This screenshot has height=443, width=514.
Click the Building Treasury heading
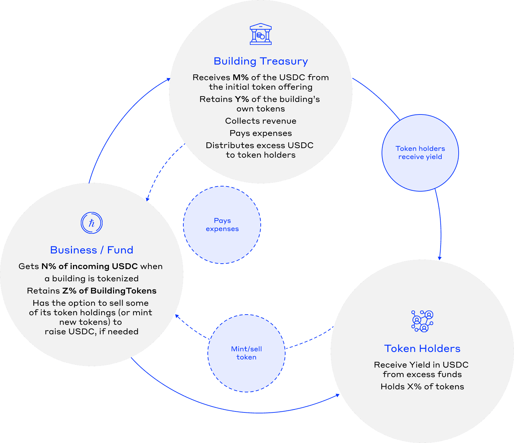click(x=261, y=61)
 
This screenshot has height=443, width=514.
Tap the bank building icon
click(x=261, y=34)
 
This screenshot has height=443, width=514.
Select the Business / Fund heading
click(x=92, y=250)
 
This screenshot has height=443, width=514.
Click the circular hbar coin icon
click(x=92, y=223)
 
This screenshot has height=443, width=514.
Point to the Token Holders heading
click(x=422, y=349)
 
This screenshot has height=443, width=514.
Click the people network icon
click(x=422, y=321)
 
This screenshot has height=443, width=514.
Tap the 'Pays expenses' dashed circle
click(x=222, y=225)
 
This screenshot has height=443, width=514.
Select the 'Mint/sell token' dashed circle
click(x=246, y=353)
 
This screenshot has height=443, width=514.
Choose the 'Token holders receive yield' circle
click(x=420, y=153)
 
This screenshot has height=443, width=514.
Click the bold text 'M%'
click(x=240, y=77)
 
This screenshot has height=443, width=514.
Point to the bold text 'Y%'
click(x=242, y=99)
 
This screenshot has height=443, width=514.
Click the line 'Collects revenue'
click(x=261, y=121)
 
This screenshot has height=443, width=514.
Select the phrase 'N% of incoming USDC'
click(x=90, y=266)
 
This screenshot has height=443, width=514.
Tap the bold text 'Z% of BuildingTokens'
click(x=109, y=291)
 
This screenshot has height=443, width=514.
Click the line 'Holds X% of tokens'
click(x=422, y=387)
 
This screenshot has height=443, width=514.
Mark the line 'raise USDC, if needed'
click(x=92, y=332)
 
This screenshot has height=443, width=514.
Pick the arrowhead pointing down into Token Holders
click(x=439, y=258)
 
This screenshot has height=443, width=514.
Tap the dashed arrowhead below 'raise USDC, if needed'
click(x=178, y=317)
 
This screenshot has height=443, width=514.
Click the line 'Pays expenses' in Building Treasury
click(x=261, y=133)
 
